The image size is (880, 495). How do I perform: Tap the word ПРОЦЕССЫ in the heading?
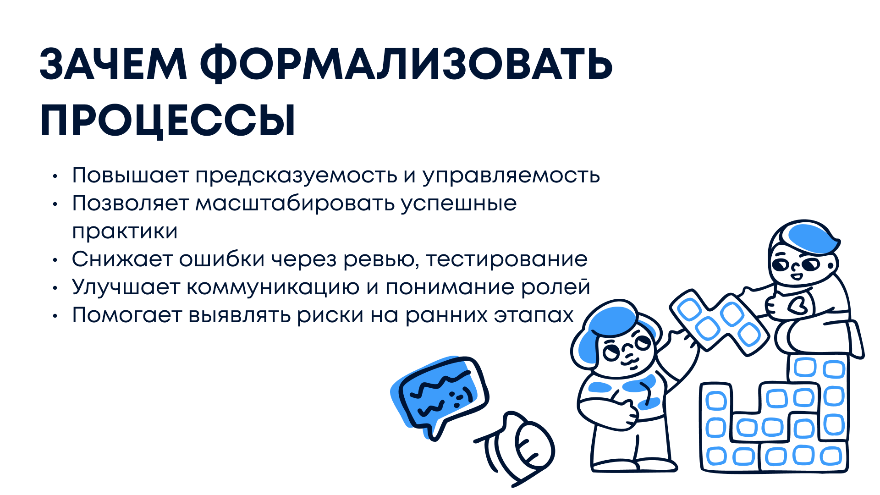click(x=168, y=120)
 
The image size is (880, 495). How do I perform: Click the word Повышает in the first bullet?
click(x=131, y=175)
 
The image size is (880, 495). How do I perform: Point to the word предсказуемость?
click(x=297, y=176)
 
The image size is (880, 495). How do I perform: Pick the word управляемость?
click(x=511, y=176)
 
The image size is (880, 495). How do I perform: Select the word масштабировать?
click(x=295, y=203)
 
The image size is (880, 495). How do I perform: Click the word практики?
click(x=125, y=232)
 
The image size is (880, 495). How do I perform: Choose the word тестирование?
click(x=506, y=260)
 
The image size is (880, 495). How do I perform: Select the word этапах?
click(x=533, y=315)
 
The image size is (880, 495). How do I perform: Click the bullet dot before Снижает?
click(x=55, y=260)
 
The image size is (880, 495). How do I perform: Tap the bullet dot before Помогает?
click(x=55, y=316)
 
